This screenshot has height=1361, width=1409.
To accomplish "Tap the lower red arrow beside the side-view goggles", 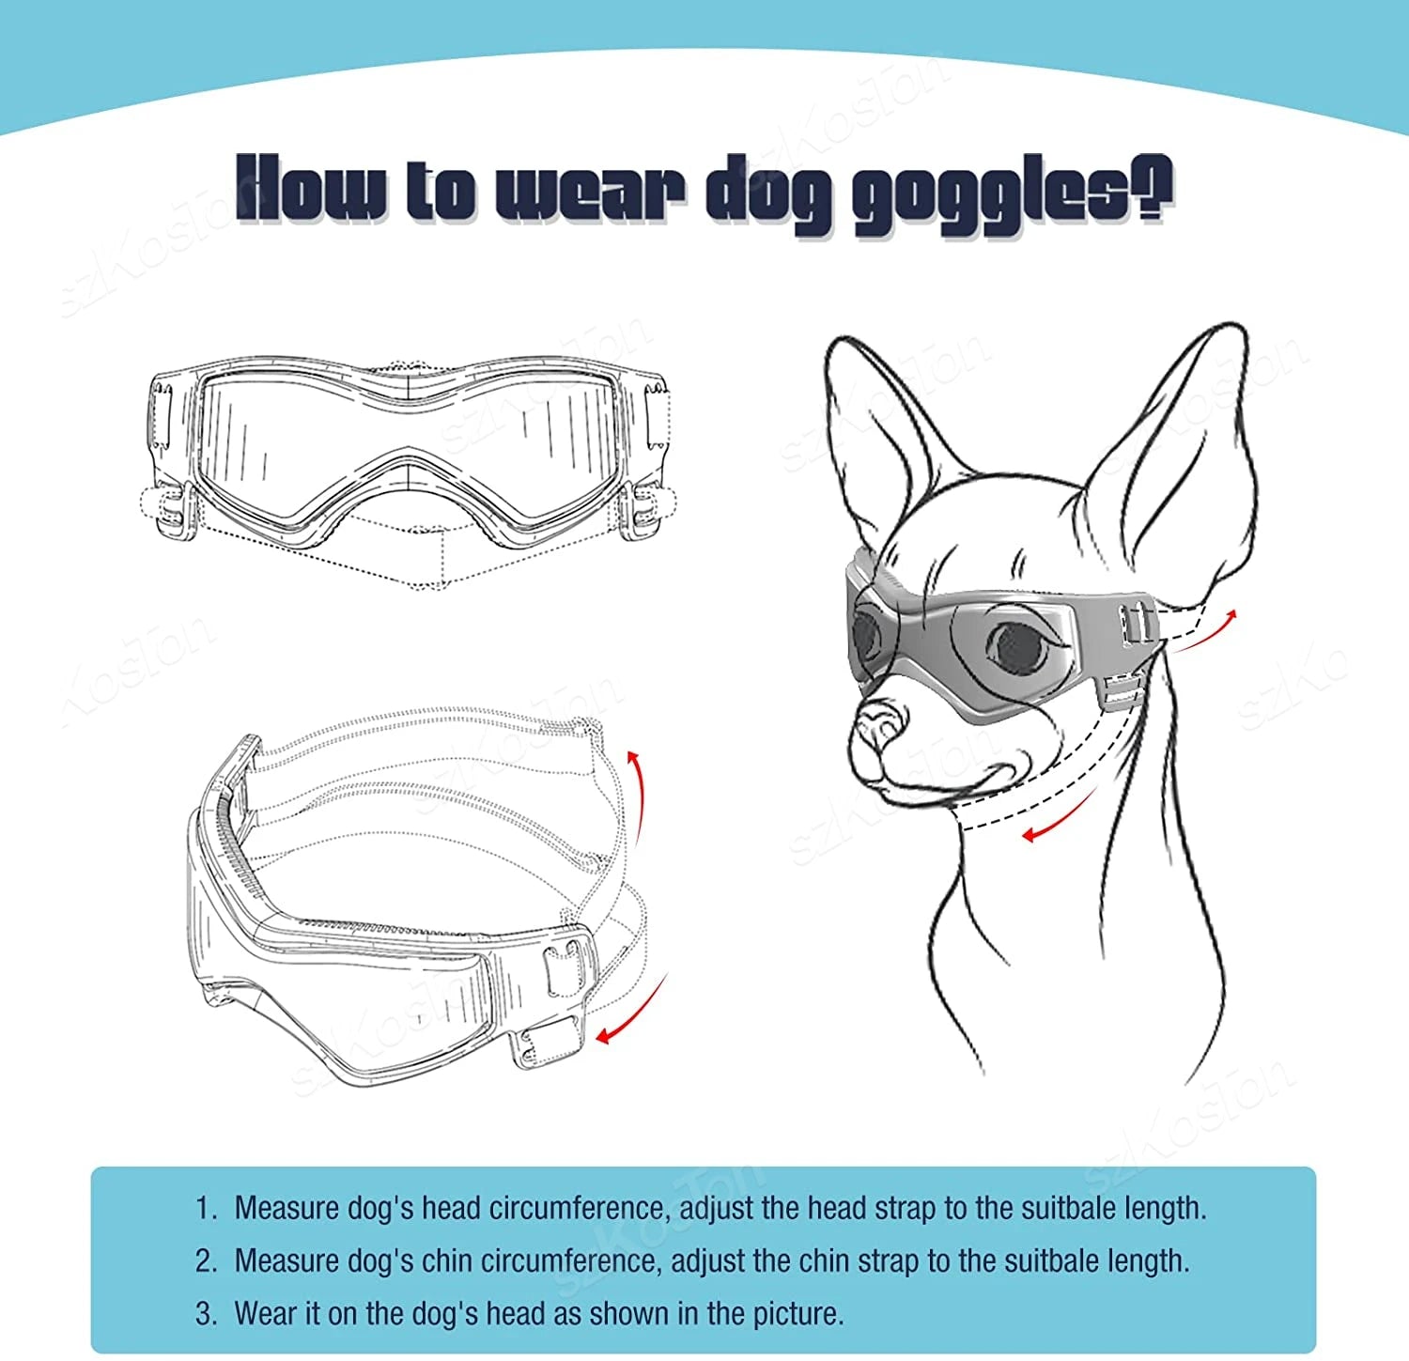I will click(632, 1010).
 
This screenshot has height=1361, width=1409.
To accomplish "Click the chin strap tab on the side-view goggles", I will click(549, 1045).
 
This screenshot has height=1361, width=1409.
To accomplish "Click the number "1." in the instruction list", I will click(206, 1208).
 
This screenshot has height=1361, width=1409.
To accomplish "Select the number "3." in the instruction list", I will click(206, 1313).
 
